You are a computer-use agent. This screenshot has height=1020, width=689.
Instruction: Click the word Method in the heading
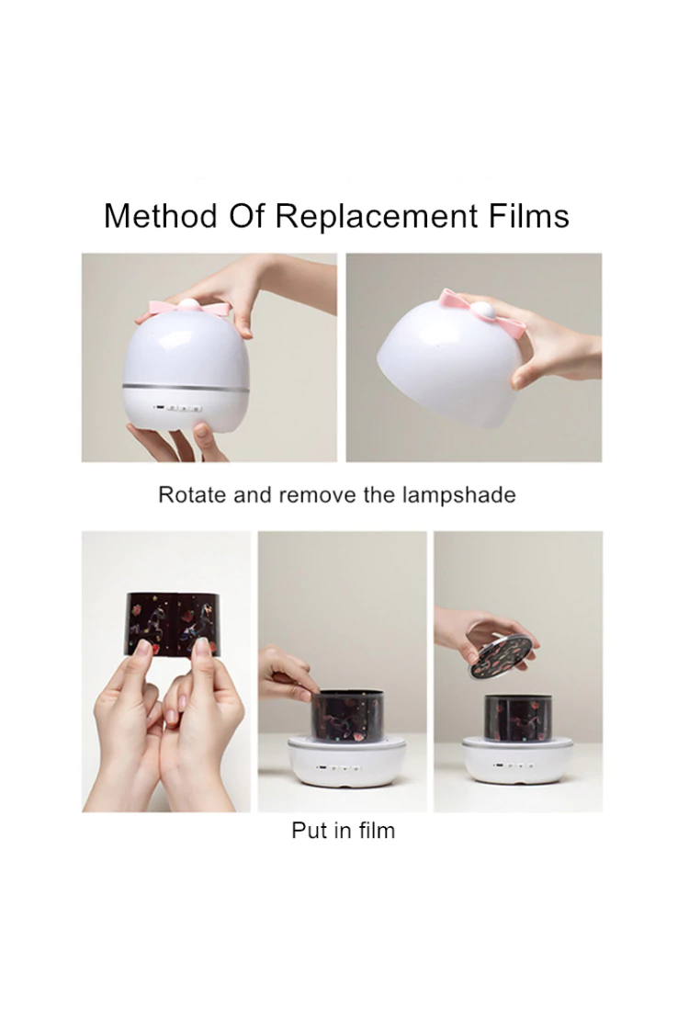point(161,216)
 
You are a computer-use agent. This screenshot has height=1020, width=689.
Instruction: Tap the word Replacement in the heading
point(377,217)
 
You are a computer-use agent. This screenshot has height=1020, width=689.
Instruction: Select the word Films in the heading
point(529,216)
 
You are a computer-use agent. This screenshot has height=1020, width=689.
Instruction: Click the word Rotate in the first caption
point(191,495)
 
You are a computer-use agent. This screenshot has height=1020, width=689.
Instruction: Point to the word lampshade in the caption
point(458,495)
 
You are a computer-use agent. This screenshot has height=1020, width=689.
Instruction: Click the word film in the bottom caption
point(375,831)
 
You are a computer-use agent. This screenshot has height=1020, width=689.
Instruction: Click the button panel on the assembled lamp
point(177,409)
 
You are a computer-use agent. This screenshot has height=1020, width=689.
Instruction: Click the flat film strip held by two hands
point(169,622)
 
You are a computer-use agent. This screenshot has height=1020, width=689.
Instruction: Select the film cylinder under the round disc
point(518,718)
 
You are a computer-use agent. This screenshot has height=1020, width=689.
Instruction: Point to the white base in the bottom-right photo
point(518,761)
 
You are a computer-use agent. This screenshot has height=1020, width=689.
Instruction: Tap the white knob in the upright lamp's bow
point(189,304)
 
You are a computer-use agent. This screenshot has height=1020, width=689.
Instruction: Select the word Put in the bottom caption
point(309,831)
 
